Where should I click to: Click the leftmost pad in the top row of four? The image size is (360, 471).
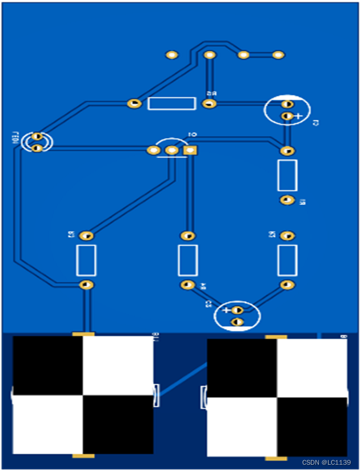point(172,55)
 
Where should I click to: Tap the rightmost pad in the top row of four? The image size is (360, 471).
point(278,55)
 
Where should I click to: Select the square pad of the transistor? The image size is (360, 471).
point(190,150)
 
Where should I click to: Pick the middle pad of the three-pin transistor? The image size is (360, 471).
point(172,150)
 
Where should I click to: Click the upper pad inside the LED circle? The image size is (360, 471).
point(37,136)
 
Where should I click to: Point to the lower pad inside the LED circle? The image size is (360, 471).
point(37,148)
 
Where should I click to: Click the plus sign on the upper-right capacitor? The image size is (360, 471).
point(298,116)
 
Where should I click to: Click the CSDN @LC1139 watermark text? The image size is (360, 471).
point(326,462)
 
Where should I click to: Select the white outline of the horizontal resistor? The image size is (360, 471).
point(171,103)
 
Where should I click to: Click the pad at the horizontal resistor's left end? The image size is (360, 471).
point(134,103)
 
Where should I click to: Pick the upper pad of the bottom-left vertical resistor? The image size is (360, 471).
point(86,236)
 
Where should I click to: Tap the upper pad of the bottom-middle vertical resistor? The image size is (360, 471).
point(187,236)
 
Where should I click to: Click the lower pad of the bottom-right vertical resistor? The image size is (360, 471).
point(287,284)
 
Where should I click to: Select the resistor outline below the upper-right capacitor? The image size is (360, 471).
point(287,175)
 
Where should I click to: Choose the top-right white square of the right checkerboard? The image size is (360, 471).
point(311,368)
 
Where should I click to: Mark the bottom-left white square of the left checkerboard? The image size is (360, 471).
point(48,425)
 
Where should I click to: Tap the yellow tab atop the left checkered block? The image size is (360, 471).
point(83,333)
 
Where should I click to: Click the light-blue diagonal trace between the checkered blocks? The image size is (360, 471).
point(182,379)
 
